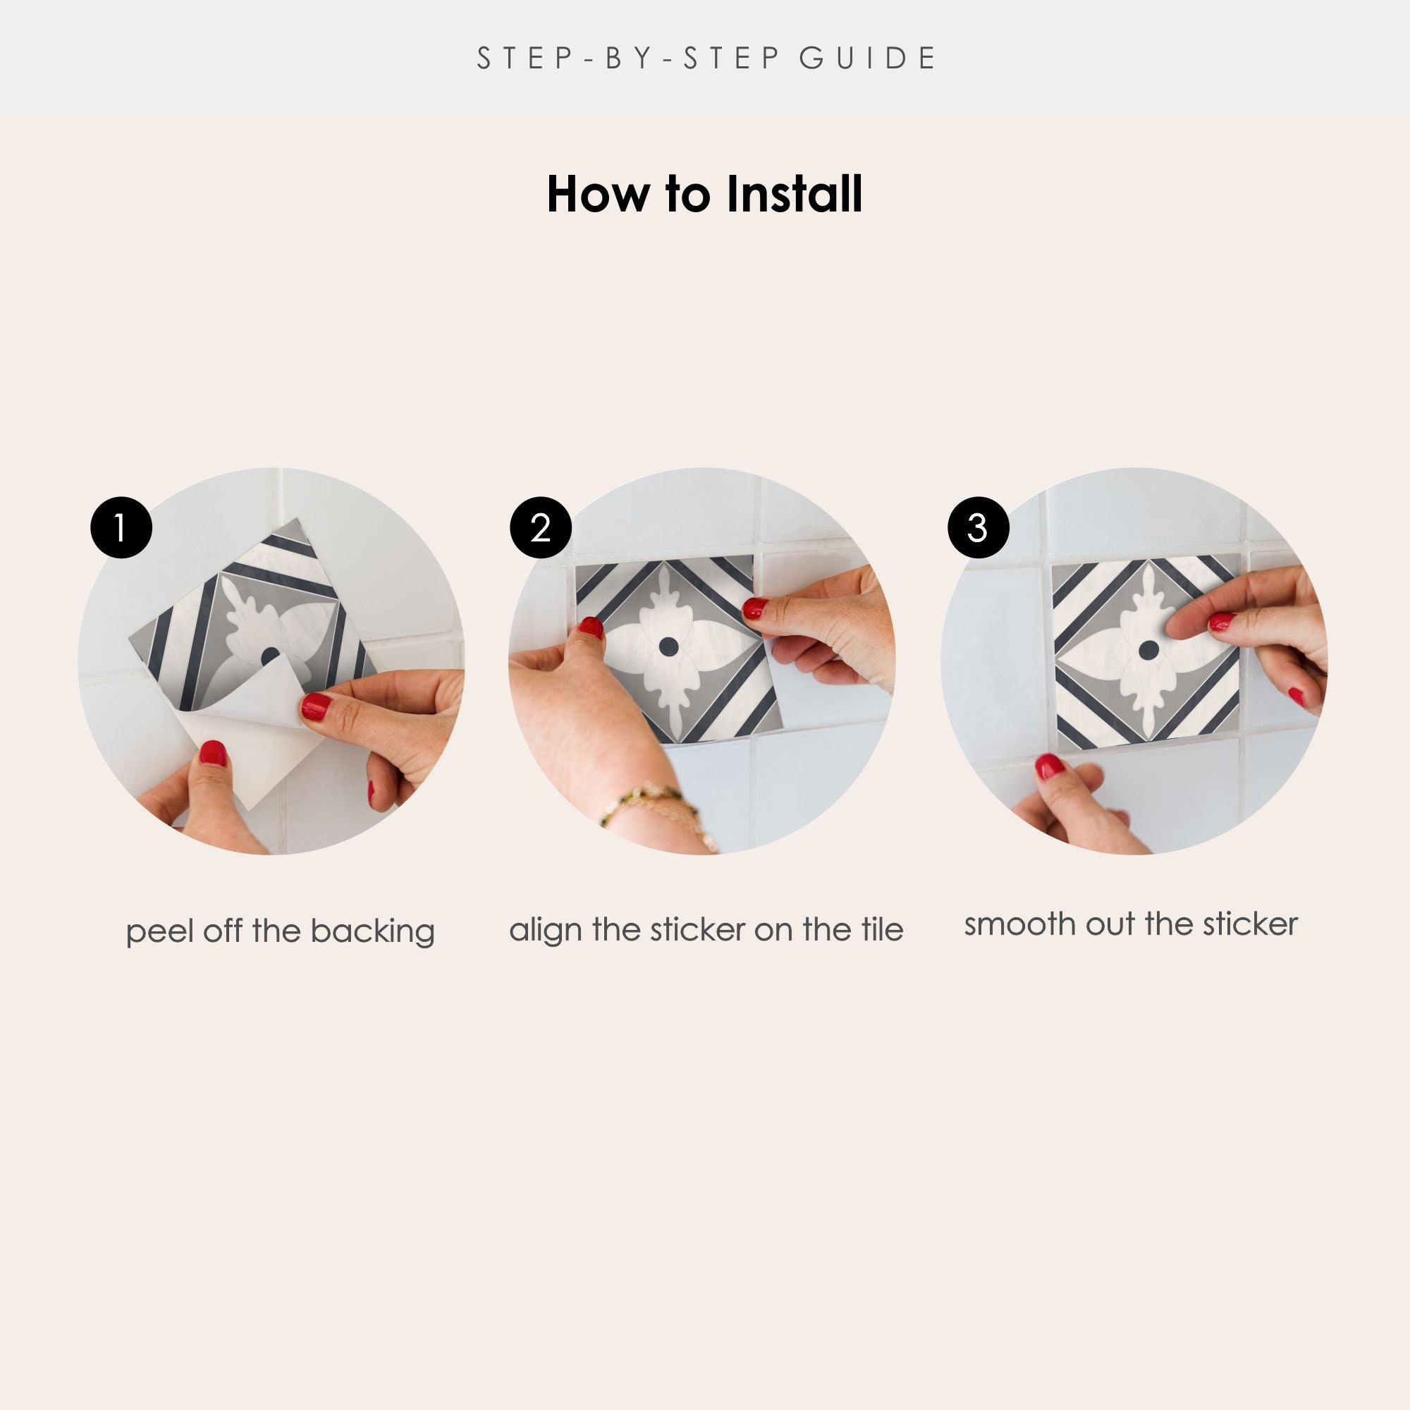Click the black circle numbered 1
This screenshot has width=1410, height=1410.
(121, 527)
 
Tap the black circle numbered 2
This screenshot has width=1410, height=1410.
(540, 527)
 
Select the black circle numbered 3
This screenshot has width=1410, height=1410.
(978, 527)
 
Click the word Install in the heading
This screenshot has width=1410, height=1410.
(795, 194)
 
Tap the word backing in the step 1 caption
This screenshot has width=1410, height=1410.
(372, 933)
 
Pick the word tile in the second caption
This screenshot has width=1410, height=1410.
(882, 929)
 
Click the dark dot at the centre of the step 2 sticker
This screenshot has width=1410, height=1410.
(668, 646)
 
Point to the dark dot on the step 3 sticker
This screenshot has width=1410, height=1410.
(1148, 648)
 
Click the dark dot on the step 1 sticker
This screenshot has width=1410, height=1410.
(270, 655)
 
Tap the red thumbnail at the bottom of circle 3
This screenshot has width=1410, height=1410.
(1050, 767)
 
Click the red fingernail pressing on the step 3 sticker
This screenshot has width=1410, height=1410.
(1221, 623)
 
